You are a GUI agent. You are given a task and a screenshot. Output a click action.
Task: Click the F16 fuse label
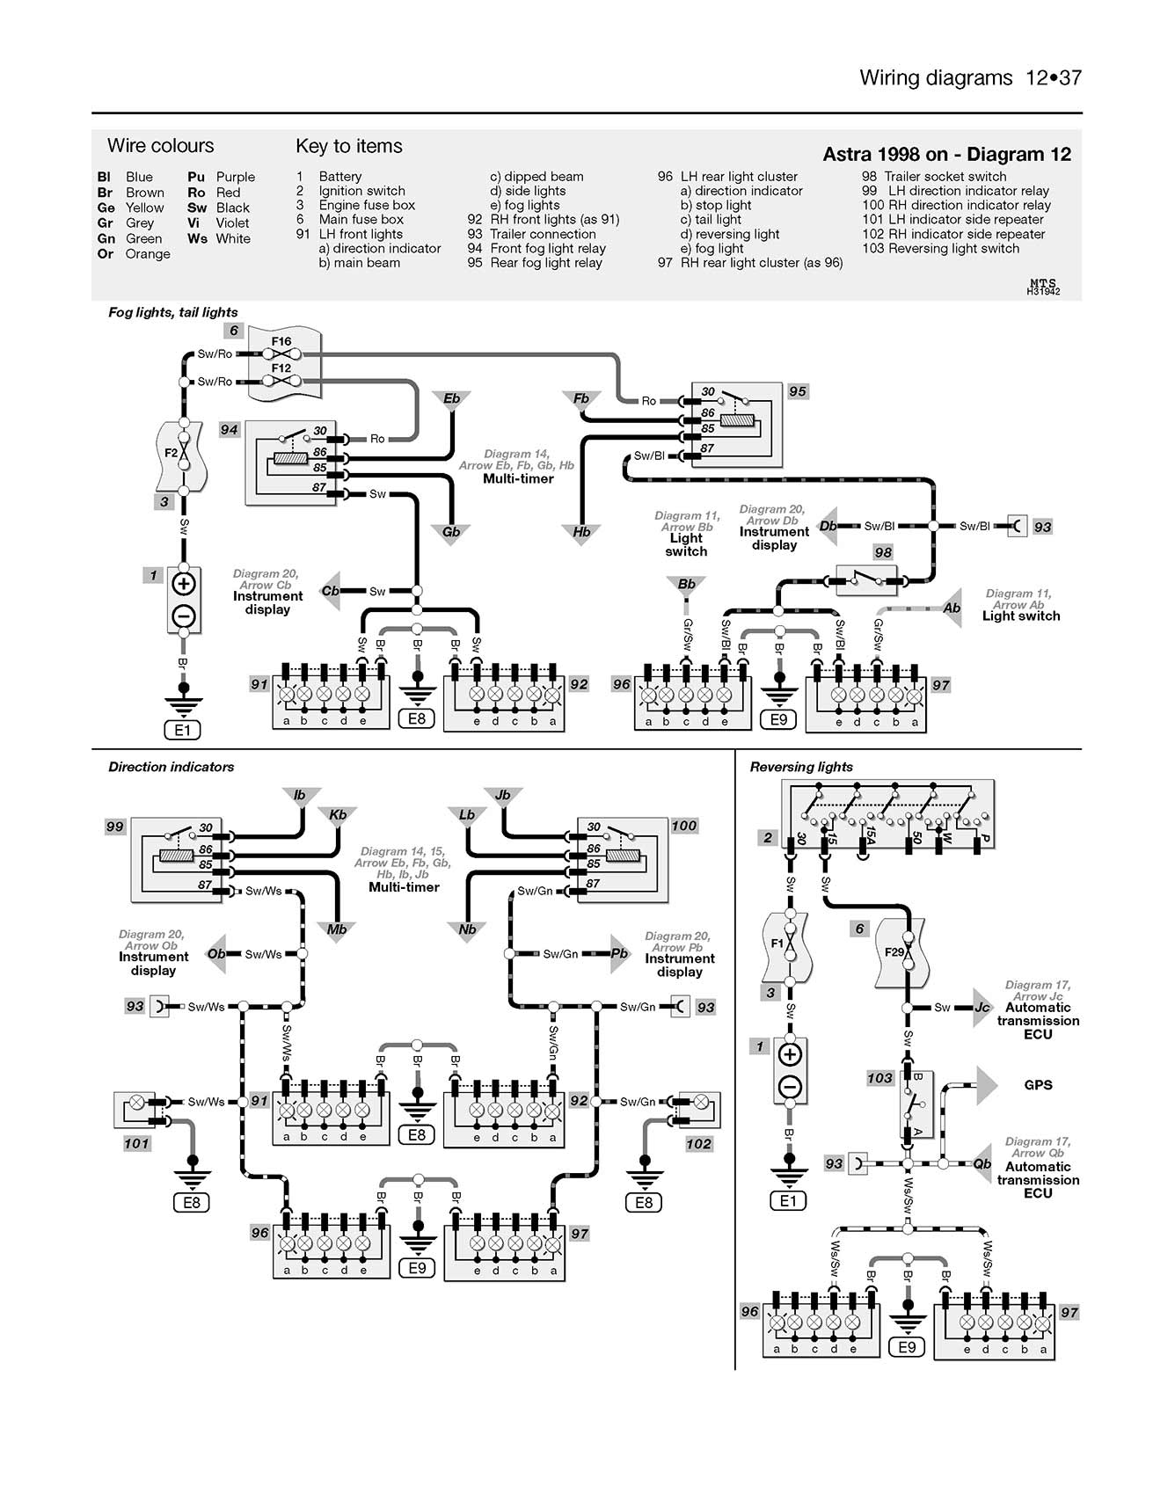pos(281,341)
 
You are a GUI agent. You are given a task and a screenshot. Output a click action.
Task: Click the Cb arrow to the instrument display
pos(332,591)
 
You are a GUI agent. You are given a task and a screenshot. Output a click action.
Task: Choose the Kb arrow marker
pos(338,816)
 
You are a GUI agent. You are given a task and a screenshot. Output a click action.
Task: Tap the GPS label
pos(1038,1085)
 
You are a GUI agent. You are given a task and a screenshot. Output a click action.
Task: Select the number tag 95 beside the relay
pos(797,391)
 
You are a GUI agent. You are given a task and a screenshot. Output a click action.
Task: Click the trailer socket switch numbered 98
pos(865,579)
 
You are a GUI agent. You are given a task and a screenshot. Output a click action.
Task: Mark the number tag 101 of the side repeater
pos(136,1143)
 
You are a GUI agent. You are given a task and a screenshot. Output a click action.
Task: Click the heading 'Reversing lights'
pos(801,767)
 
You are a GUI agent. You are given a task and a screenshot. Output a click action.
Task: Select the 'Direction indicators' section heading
pos(171,767)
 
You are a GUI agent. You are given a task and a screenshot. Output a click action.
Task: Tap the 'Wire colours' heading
pos(160,146)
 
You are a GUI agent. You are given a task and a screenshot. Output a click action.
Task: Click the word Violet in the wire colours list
pos(232,223)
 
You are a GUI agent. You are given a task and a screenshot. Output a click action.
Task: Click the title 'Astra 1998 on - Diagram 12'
pos(946,155)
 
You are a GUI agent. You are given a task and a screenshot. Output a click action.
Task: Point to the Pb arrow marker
pos(620,953)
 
